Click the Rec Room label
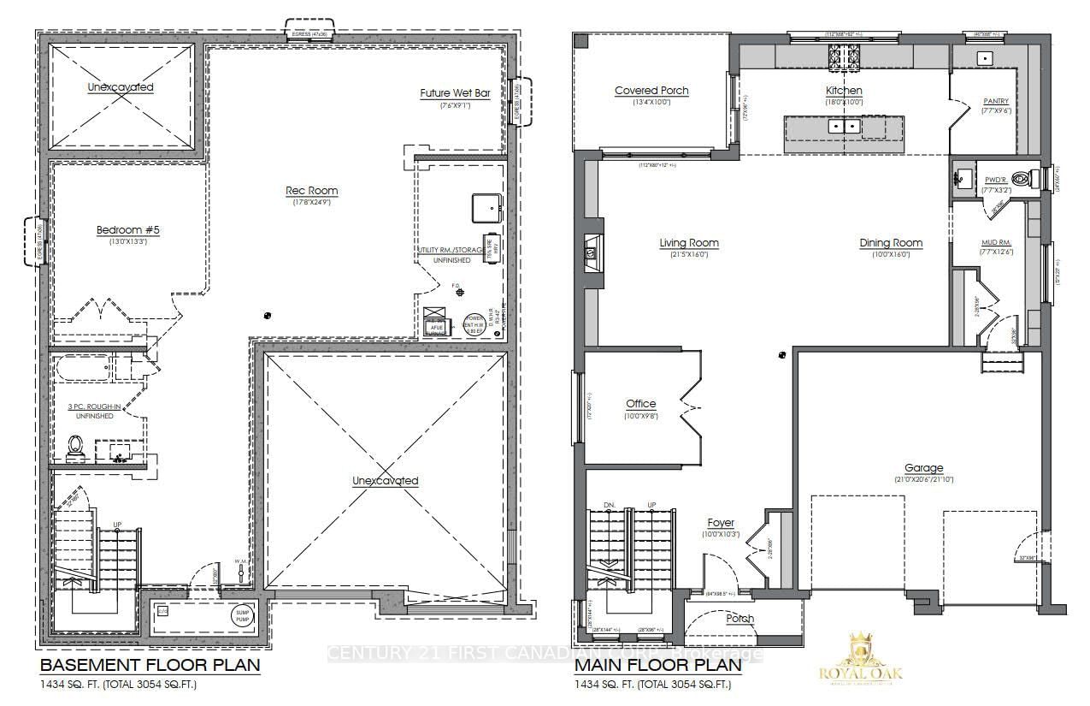click(311, 191)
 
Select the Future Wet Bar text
click(455, 93)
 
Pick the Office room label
click(640, 404)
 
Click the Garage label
click(924, 468)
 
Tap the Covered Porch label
click(651, 91)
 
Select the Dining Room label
click(891, 243)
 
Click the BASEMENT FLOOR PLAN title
click(150, 665)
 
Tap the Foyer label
click(720, 523)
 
